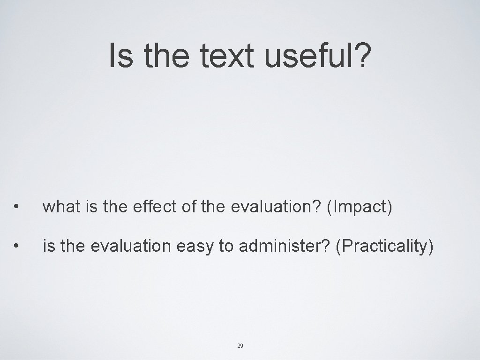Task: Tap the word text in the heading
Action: [x=228, y=55]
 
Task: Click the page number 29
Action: [x=240, y=346]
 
